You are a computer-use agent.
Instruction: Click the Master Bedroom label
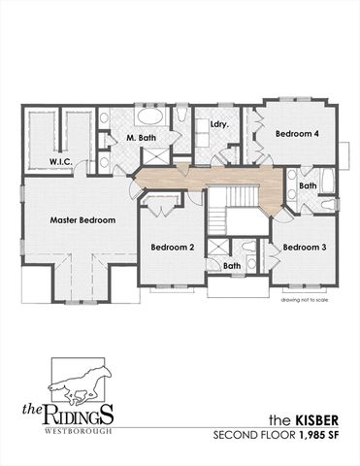(82, 220)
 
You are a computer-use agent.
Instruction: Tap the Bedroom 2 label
(173, 248)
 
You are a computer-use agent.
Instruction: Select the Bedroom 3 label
(305, 248)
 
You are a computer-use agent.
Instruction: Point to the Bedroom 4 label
(297, 133)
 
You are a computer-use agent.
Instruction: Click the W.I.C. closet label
(60, 161)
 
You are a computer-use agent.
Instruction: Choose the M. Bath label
(141, 138)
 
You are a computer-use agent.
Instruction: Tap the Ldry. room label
(219, 124)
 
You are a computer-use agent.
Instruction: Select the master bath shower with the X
(156, 156)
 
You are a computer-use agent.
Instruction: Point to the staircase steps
(232, 207)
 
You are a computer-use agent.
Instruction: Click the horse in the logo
(81, 385)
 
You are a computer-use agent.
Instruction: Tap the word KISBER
(317, 420)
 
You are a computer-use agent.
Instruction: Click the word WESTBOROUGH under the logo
(78, 431)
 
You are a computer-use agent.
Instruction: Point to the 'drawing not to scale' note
(305, 300)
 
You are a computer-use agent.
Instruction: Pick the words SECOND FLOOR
(253, 436)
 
